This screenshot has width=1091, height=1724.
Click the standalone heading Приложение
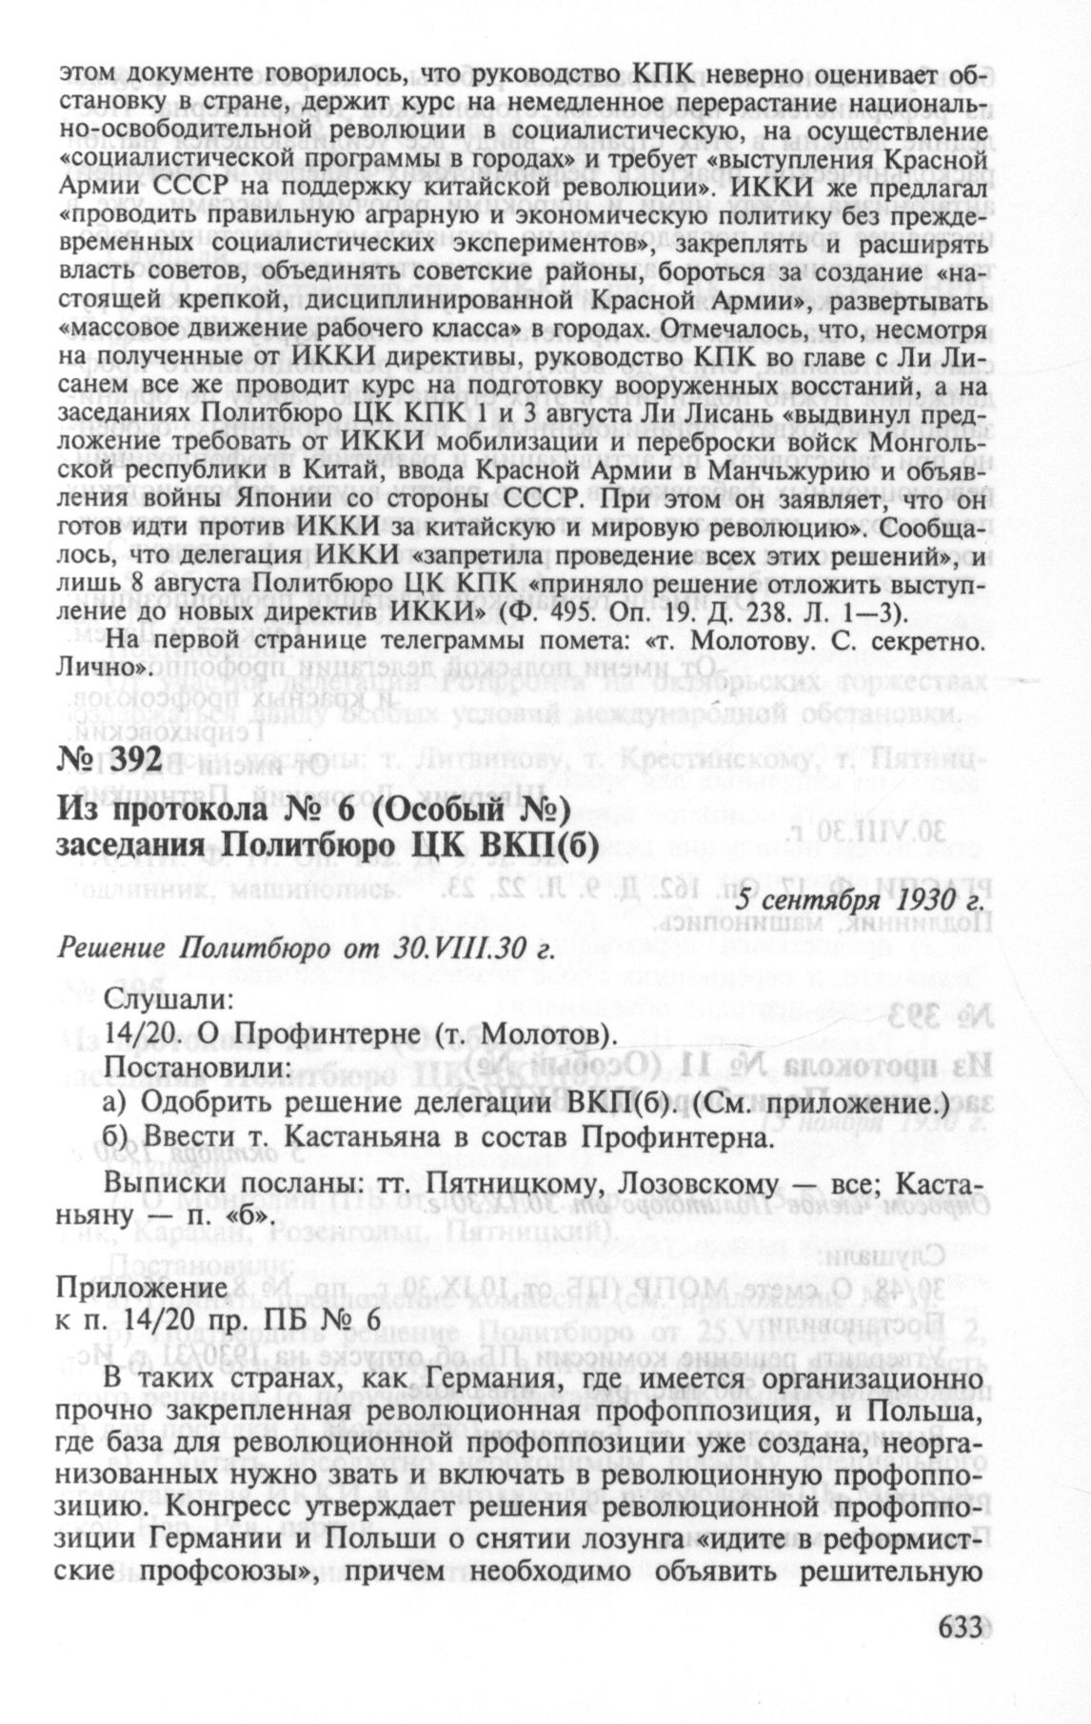(x=142, y=1288)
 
